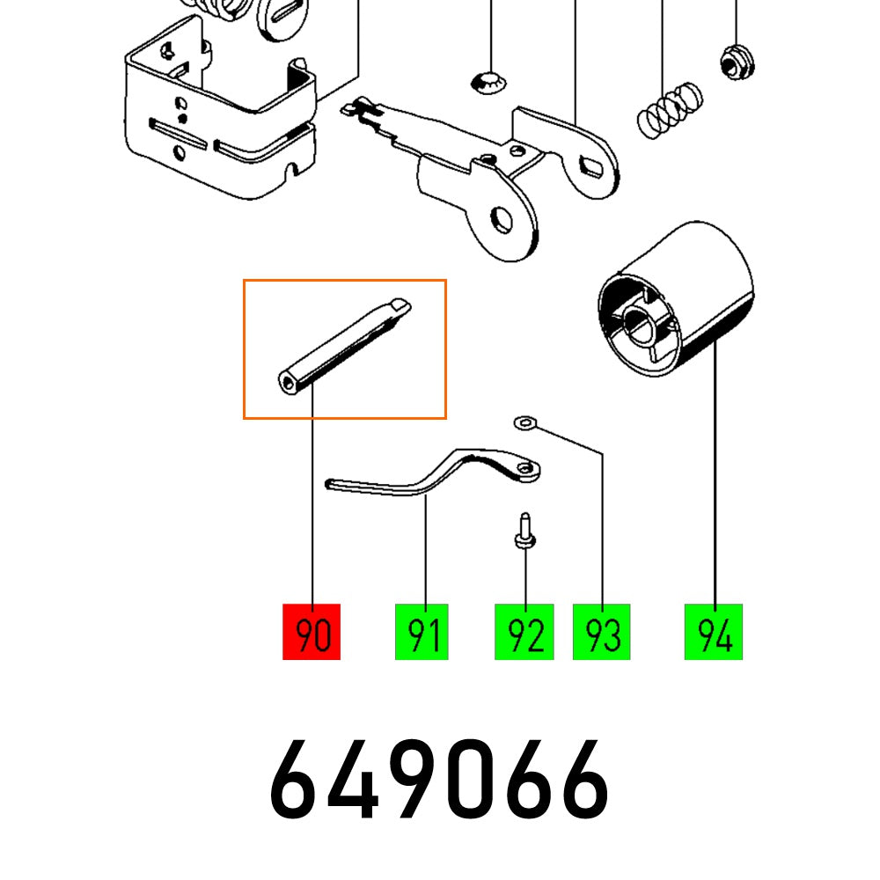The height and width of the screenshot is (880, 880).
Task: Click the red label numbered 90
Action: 311,632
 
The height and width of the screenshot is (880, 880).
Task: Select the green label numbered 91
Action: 422,632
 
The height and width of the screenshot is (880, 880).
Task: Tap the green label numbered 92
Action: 524,632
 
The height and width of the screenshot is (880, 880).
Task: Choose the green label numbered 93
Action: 602,632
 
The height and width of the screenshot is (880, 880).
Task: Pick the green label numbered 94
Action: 714,632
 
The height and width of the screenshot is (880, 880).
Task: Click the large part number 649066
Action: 439,779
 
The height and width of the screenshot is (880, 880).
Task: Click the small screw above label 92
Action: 524,533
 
